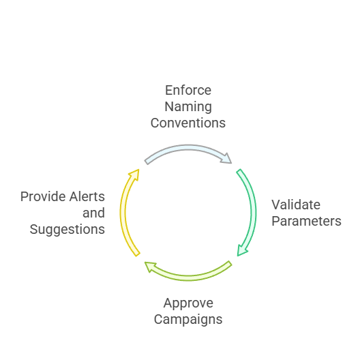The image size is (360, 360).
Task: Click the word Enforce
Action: tap(188, 91)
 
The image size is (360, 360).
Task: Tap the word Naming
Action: tap(188, 107)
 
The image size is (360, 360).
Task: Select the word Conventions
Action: tap(188, 123)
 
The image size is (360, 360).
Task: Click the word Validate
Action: tap(296, 205)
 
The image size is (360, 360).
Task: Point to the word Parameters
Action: tap(306, 221)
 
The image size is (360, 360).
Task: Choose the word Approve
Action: tap(188, 303)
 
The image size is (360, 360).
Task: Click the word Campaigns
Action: tap(188, 319)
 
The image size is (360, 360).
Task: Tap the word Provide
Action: tap(42, 197)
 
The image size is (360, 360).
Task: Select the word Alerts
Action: tap(87, 197)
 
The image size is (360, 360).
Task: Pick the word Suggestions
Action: tap(67, 230)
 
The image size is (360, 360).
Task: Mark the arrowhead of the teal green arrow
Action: tap(242, 250)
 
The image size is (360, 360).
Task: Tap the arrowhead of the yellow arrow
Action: tap(134, 175)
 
